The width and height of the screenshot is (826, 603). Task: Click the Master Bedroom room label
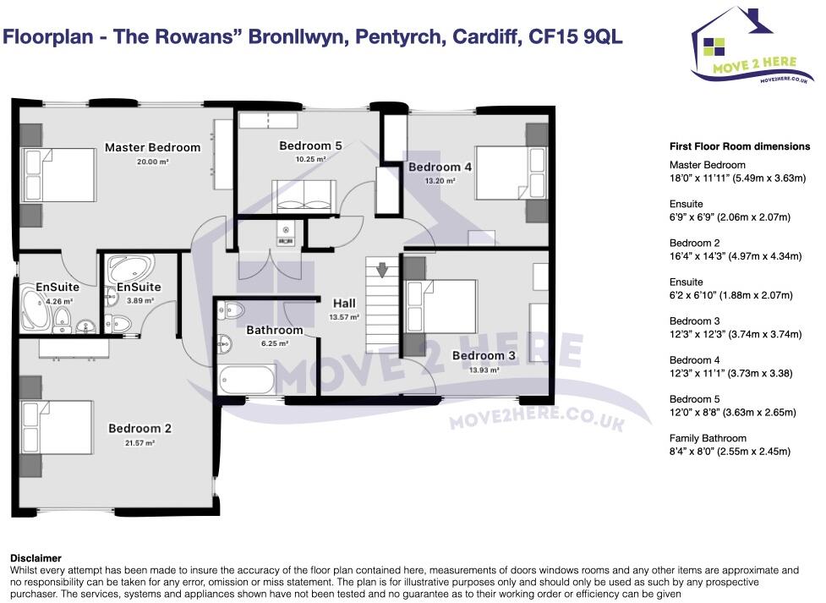tap(152, 147)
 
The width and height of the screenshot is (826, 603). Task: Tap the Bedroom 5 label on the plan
tap(310, 146)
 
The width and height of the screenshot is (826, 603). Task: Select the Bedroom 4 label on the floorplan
tap(440, 167)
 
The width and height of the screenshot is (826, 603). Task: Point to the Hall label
tap(344, 304)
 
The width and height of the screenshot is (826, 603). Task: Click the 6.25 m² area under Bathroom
tap(274, 343)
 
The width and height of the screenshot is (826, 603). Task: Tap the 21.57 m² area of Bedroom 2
tap(139, 442)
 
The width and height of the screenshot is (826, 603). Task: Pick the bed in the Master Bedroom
tap(60, 173)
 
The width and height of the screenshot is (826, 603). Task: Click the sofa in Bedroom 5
tap(304, 195)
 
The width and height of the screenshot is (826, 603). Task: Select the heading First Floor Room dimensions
tap(740, 146)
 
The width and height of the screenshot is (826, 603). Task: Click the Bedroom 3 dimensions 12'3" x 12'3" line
tap(735, 334)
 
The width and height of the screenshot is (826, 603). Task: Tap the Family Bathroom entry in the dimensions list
tap(708, 438)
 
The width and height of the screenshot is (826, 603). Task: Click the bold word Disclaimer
tap(36, 558)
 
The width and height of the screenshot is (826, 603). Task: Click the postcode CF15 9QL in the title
tap(576, 37)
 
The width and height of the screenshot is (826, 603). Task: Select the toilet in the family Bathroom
tap(231, 310)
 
